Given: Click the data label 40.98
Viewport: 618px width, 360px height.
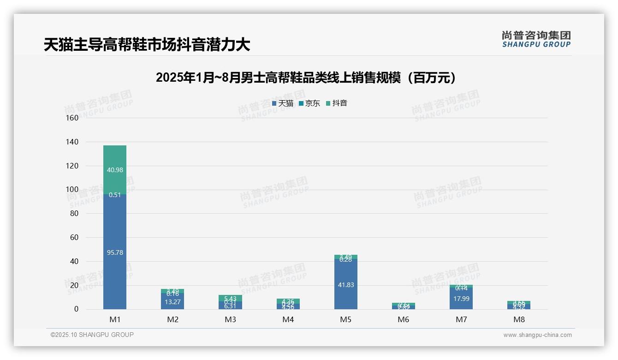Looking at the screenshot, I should [x=115, y=170].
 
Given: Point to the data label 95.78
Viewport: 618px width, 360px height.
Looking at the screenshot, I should [x=115, y=252].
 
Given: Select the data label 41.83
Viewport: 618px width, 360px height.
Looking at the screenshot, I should [x=346, y=285].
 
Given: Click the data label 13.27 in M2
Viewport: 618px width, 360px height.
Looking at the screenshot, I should [x=172, y=302].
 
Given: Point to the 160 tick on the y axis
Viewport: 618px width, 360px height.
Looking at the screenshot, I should [x=72, y=118].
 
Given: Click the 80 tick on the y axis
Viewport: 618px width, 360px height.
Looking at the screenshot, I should [x=74, y=213].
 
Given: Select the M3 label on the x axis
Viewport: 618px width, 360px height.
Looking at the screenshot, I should [x=230, y=319].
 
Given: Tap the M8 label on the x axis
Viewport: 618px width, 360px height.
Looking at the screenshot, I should [x=519, y=319].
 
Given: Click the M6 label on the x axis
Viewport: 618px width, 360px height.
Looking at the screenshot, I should [x=404, y=319].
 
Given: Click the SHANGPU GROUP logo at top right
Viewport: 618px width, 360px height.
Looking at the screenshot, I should [x=536, y=39].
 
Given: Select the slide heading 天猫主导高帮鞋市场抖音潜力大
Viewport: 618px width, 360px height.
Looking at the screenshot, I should [x=147, y=45].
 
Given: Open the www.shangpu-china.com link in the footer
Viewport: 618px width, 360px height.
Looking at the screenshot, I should [x=537, y=335].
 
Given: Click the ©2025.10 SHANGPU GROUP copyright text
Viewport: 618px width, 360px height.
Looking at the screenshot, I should [x=92, y=335].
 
